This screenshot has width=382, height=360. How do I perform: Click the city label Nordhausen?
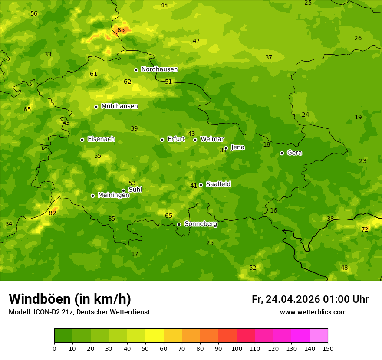point(159,69)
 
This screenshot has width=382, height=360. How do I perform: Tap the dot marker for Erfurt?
point(162,140)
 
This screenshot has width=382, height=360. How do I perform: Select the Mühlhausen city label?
point(119,106)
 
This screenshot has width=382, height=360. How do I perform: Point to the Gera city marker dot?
point(282,153)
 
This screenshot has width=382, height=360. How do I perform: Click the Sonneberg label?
point(201,224)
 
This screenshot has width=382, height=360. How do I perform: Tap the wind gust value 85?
point(121,30)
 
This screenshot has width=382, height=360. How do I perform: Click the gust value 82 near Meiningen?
point(53,213)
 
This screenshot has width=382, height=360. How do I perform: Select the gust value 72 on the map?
point(365,229)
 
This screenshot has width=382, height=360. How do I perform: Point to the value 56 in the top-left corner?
point(34,13)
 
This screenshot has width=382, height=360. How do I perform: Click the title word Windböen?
point(39,299)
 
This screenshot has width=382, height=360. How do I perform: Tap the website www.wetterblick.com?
point(313,312)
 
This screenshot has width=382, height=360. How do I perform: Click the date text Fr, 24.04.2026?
point(286,299)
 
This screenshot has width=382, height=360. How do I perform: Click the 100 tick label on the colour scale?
point(237,348)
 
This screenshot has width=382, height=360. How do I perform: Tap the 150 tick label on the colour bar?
point(328,348)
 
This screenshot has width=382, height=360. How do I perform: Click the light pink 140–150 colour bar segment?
point(319,336)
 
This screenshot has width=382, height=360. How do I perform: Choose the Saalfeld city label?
point(218,184)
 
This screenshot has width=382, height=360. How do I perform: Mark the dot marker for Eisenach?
point(82,140)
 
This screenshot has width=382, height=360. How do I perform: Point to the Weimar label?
point(212,139)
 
